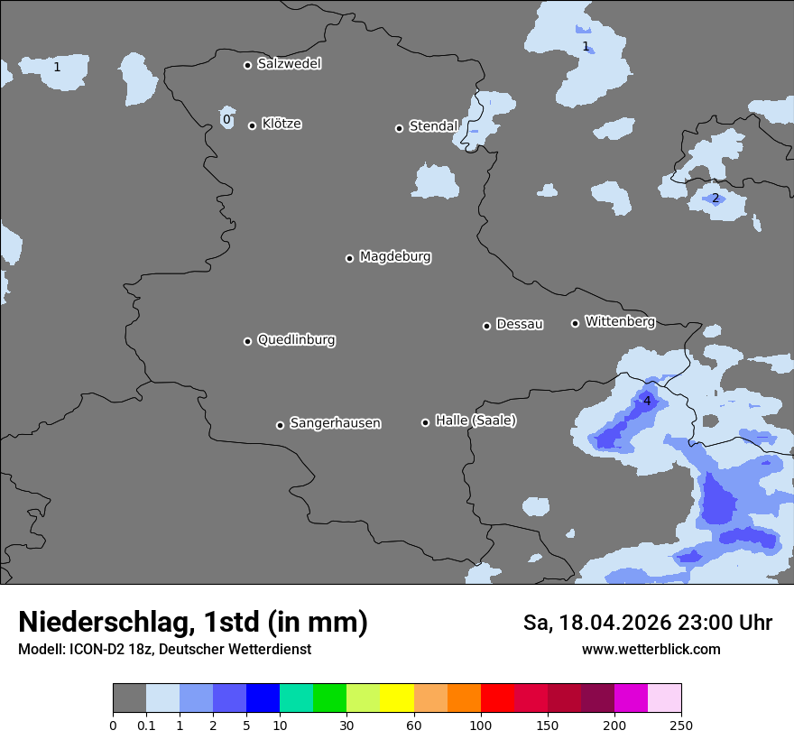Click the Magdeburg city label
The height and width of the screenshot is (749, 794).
395,257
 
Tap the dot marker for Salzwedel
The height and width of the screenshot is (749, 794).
247,65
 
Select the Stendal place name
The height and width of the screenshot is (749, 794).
433,126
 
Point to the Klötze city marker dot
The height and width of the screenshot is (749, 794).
252,125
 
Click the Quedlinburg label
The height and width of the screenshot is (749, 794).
296,340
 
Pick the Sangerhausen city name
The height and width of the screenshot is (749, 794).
335,423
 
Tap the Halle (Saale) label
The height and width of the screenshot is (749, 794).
475,421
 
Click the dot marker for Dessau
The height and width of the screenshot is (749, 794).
486,326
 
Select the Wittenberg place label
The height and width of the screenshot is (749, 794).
620,321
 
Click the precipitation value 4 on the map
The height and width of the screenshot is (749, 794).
647,401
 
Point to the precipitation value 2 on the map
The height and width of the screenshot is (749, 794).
716,199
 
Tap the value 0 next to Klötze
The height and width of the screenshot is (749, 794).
226,119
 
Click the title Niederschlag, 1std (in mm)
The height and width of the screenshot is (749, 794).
193,622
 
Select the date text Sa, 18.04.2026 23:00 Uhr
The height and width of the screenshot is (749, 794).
647,623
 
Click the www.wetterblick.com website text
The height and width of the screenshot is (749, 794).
651,649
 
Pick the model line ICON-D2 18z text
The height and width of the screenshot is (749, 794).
164,649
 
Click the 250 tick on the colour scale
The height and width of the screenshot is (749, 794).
681,725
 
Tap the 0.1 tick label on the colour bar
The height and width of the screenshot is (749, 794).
146,725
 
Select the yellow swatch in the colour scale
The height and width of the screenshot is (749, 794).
397,698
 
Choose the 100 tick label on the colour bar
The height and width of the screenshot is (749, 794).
481,725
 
